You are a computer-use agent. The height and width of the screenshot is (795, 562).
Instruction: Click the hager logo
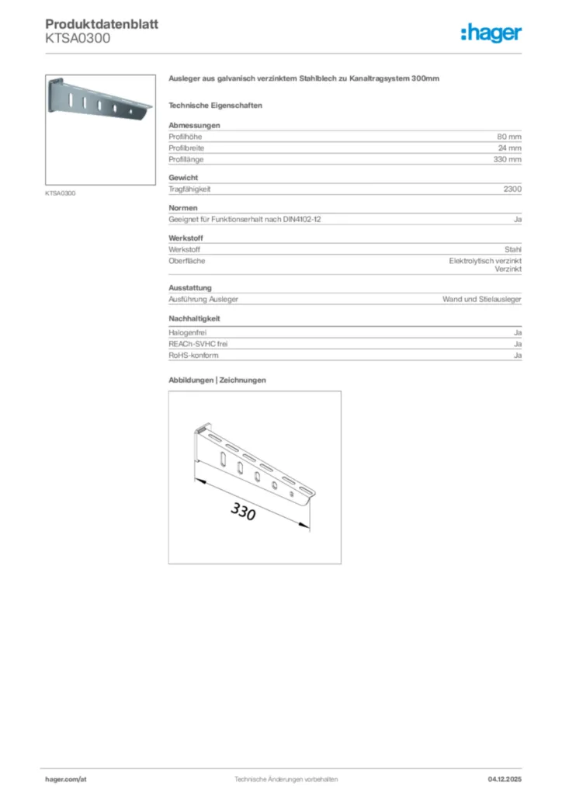coord(491,33)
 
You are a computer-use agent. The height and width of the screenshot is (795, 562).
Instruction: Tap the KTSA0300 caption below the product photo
coord(61,193)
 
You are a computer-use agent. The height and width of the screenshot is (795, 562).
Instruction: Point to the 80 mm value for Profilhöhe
coord(509,137)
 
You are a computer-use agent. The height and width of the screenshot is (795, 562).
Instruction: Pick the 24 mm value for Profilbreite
coord(509,148)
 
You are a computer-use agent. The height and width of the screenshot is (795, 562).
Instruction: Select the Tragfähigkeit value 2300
coord(512,189)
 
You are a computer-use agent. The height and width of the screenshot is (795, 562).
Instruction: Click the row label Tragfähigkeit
coord(190,189)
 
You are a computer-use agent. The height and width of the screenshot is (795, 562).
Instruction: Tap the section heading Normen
coord(183,208)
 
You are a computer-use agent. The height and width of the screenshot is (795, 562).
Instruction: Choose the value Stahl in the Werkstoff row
coord(513,249)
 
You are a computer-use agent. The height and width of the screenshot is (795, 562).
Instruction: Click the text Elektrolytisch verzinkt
coord(485,261)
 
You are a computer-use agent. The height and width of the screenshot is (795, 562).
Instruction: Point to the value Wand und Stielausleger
coord(482,299)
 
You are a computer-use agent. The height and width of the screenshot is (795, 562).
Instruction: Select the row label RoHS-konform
coord(193,355)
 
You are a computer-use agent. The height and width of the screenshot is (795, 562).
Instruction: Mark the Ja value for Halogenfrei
coord(517,332)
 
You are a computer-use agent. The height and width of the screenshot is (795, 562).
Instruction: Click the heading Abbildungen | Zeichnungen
coord(217,380)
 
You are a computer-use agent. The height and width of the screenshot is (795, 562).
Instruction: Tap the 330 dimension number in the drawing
coord(243,512)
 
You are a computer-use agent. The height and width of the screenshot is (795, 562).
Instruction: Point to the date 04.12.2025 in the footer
coord(505,779)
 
